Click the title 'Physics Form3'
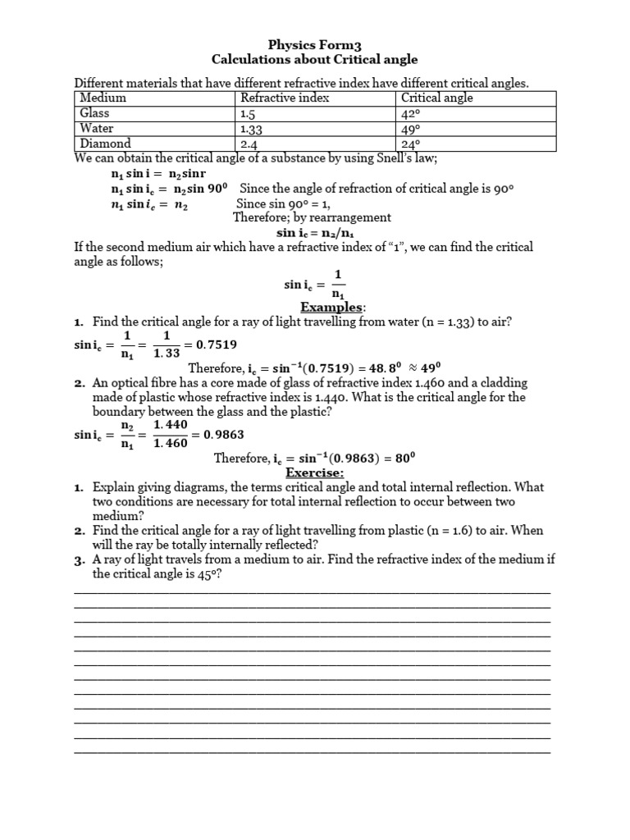click(315, 43)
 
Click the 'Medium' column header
click(103, 98)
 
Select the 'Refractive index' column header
click(284, 98)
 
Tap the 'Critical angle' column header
click(436, 98)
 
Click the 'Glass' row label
click(94, 113)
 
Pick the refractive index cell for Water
click(252, 129)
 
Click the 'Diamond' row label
click(103, 144)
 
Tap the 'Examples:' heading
click(331, 307)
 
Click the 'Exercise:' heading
click(315, 473)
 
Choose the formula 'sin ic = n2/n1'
click(315, 232)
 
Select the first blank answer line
click(312, 591)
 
